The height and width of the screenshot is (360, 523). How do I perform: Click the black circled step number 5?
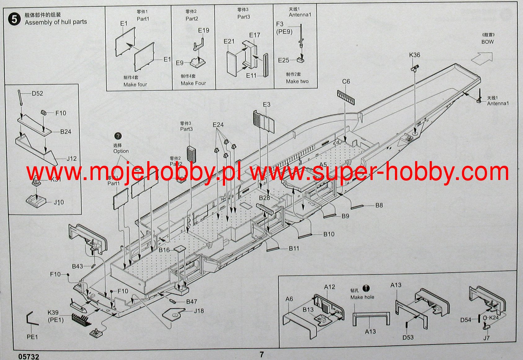14,19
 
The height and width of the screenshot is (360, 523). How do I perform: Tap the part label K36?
414,55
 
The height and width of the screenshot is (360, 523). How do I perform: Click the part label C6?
346,81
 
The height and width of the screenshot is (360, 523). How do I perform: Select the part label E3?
267,105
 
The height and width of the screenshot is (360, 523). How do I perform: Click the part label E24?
218,125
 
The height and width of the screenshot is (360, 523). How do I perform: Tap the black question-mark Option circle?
118,136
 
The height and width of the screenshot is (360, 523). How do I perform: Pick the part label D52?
37,94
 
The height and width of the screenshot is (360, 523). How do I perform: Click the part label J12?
72,159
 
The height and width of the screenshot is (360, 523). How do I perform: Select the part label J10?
59,202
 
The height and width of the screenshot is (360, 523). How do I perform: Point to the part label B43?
78,266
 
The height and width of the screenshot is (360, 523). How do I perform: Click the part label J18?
199,311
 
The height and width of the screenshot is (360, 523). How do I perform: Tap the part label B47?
192,301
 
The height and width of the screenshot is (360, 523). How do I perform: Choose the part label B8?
379,205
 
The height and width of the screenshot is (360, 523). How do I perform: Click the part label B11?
294,248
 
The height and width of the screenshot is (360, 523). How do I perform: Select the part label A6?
289,299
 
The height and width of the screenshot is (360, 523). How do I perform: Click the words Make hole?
362,297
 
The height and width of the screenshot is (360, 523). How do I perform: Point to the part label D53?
408,337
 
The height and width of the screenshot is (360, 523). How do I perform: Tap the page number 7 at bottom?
262,354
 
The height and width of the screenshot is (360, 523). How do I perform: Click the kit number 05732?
29,357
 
